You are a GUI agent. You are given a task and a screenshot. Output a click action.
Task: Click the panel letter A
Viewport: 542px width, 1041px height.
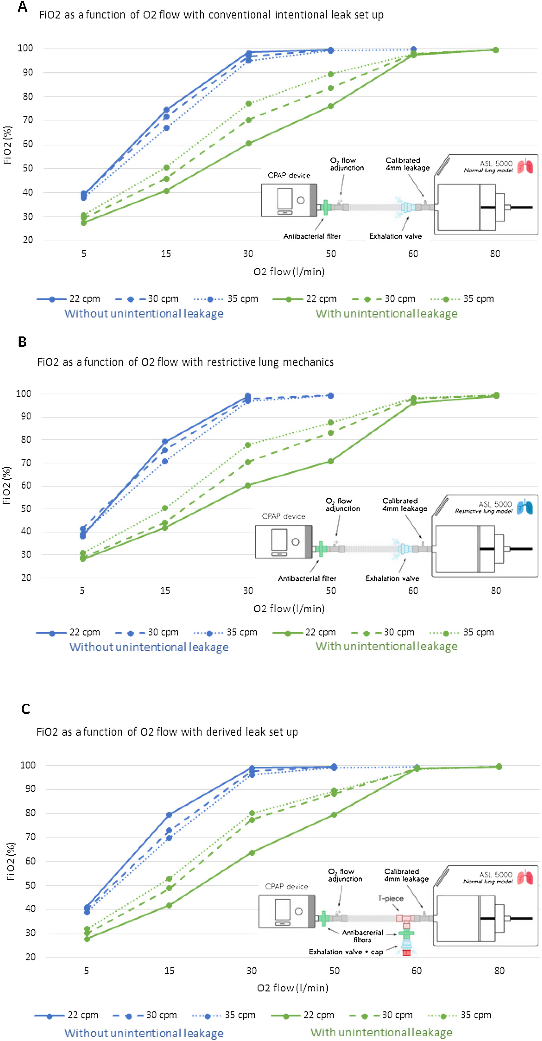point(23,7)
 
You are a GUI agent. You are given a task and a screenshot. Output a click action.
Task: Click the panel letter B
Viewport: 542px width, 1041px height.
point(22,342)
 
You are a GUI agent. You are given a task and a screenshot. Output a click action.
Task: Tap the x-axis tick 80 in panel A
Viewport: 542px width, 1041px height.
point(495,254)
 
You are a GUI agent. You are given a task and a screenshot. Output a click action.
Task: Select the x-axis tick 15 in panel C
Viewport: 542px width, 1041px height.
point(169,971)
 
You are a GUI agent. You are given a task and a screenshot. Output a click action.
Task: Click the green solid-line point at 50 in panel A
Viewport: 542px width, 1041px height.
point(330,106)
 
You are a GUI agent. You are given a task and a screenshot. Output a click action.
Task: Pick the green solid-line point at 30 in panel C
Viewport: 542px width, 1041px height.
point(252,853)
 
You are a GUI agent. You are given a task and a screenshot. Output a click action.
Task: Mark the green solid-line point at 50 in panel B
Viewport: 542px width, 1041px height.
point(330,461)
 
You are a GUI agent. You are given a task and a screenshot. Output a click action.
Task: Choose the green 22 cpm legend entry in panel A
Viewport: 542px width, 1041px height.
point(305,299)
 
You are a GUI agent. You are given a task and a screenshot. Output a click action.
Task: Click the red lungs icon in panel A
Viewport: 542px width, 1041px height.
point(525,166)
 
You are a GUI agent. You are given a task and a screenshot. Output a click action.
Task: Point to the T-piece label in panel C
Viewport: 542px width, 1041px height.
point(390,898)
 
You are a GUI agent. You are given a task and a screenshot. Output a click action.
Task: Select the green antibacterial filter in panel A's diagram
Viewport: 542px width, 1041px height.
point(325,207)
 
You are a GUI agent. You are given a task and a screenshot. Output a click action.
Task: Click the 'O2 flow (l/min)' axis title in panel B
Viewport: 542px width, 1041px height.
point(289,609)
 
